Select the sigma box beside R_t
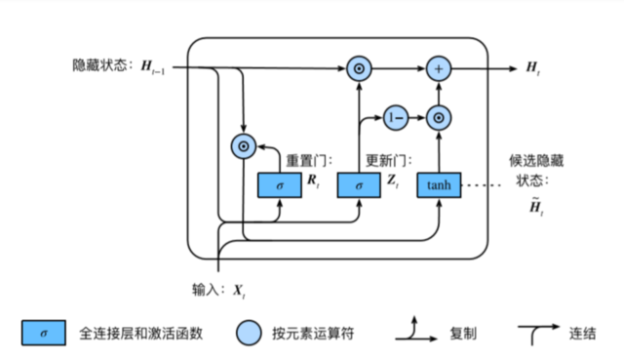279,184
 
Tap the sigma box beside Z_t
358,184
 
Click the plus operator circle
439,68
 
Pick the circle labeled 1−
395,117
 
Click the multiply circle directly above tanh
439,117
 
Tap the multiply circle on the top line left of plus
358,68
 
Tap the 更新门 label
384,160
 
